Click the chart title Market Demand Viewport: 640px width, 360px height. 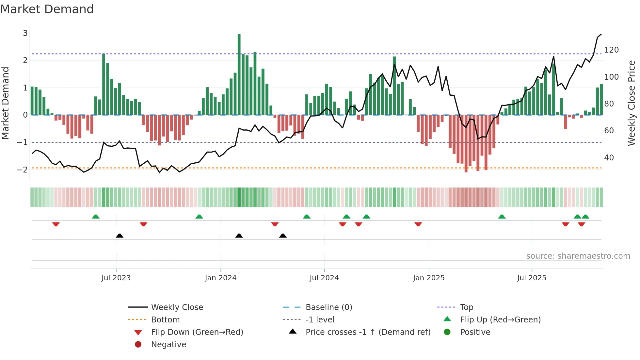[47, 9]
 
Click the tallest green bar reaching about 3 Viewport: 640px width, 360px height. [239, 74]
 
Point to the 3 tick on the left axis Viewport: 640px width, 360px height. [25, 33]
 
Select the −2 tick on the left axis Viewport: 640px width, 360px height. [22, 170]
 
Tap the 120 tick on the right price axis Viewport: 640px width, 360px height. [611, 50]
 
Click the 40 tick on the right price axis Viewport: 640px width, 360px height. [609, 158]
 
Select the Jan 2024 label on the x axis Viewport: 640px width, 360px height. [220, 278]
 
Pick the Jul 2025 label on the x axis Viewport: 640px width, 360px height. [531, 278]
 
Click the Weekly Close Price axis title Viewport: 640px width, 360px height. [632, 103]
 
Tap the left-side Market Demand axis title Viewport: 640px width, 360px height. [5, 103]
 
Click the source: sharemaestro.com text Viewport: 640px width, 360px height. [578, 256]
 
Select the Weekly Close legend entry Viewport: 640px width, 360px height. [177, 307]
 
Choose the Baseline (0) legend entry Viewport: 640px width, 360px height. [328, 307]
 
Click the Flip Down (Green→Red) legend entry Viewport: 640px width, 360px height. [197, 332]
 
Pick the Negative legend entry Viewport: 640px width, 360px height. [168, 345]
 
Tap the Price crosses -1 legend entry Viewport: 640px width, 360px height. [368, 332]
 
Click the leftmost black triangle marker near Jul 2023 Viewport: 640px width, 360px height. [120, 236]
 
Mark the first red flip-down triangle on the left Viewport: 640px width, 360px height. [56, 224]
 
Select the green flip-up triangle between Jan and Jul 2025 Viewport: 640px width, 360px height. [502, 217]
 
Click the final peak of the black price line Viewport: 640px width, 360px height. [601, 34]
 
